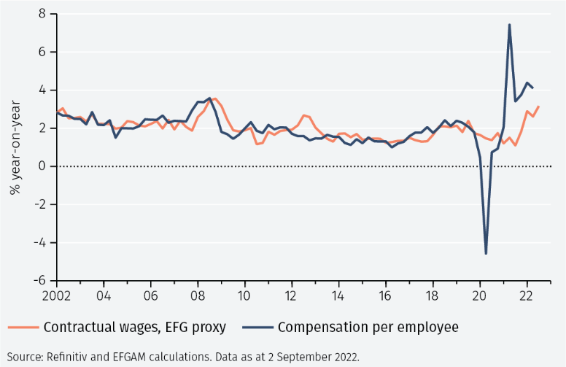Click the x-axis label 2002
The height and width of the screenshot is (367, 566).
57,297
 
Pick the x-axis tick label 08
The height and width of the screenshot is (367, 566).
197,297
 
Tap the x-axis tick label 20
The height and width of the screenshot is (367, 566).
479,297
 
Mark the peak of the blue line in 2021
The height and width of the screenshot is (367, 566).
509,25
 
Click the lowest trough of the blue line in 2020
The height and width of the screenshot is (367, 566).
486,253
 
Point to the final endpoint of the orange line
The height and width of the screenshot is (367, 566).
538,107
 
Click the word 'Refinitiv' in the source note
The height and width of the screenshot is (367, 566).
69,357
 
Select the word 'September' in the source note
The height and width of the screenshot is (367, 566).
307,357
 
